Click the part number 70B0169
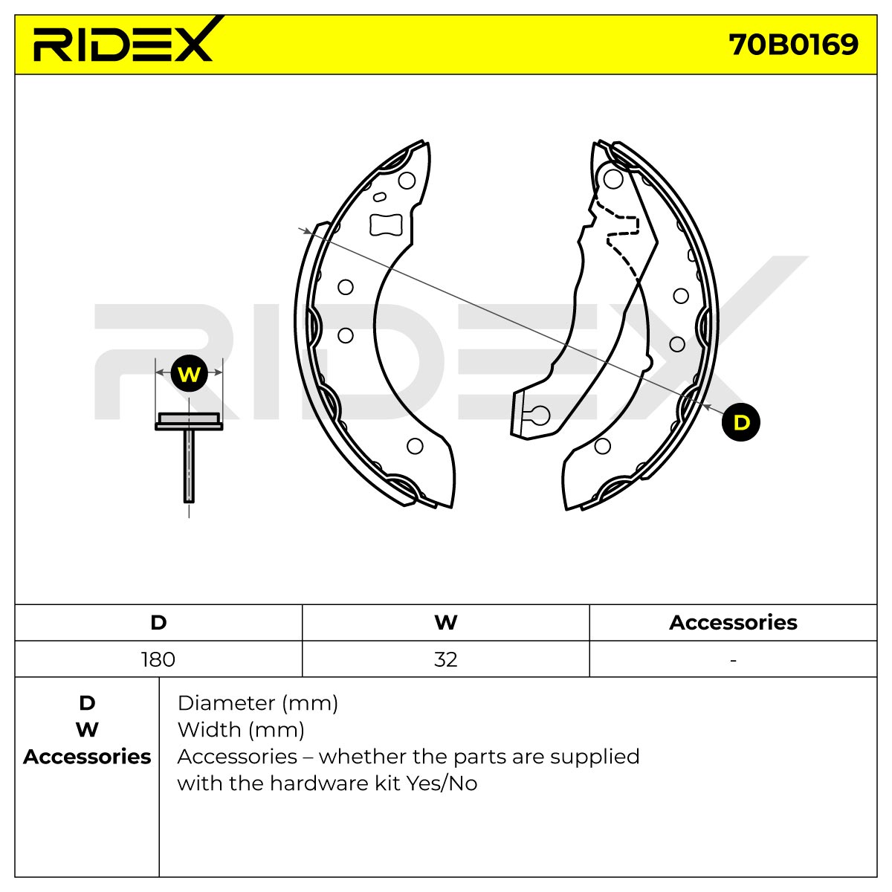(x=793, y=45)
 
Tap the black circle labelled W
(x=189, y=373)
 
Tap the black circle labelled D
(x=741, y=422)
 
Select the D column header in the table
(x=158, y=623)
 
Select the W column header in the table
(x=446, y=623)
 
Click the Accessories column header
(x=733, y=623)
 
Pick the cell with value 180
(x=158, y=659)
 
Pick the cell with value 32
(x=446, y=659)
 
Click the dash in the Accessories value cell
(x=733, y=661)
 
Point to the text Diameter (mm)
(x=258, y=704)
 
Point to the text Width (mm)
(x=241, y=731)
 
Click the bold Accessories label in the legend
(x=87, y=757)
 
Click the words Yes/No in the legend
(x=442, y=783)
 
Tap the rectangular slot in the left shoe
(x=386, y=225)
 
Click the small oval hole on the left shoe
(x=380, y=197)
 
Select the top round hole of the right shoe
(x=613, y=179)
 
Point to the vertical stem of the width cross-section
(x=189, y=465)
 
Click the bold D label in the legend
(x=87, y=704)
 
